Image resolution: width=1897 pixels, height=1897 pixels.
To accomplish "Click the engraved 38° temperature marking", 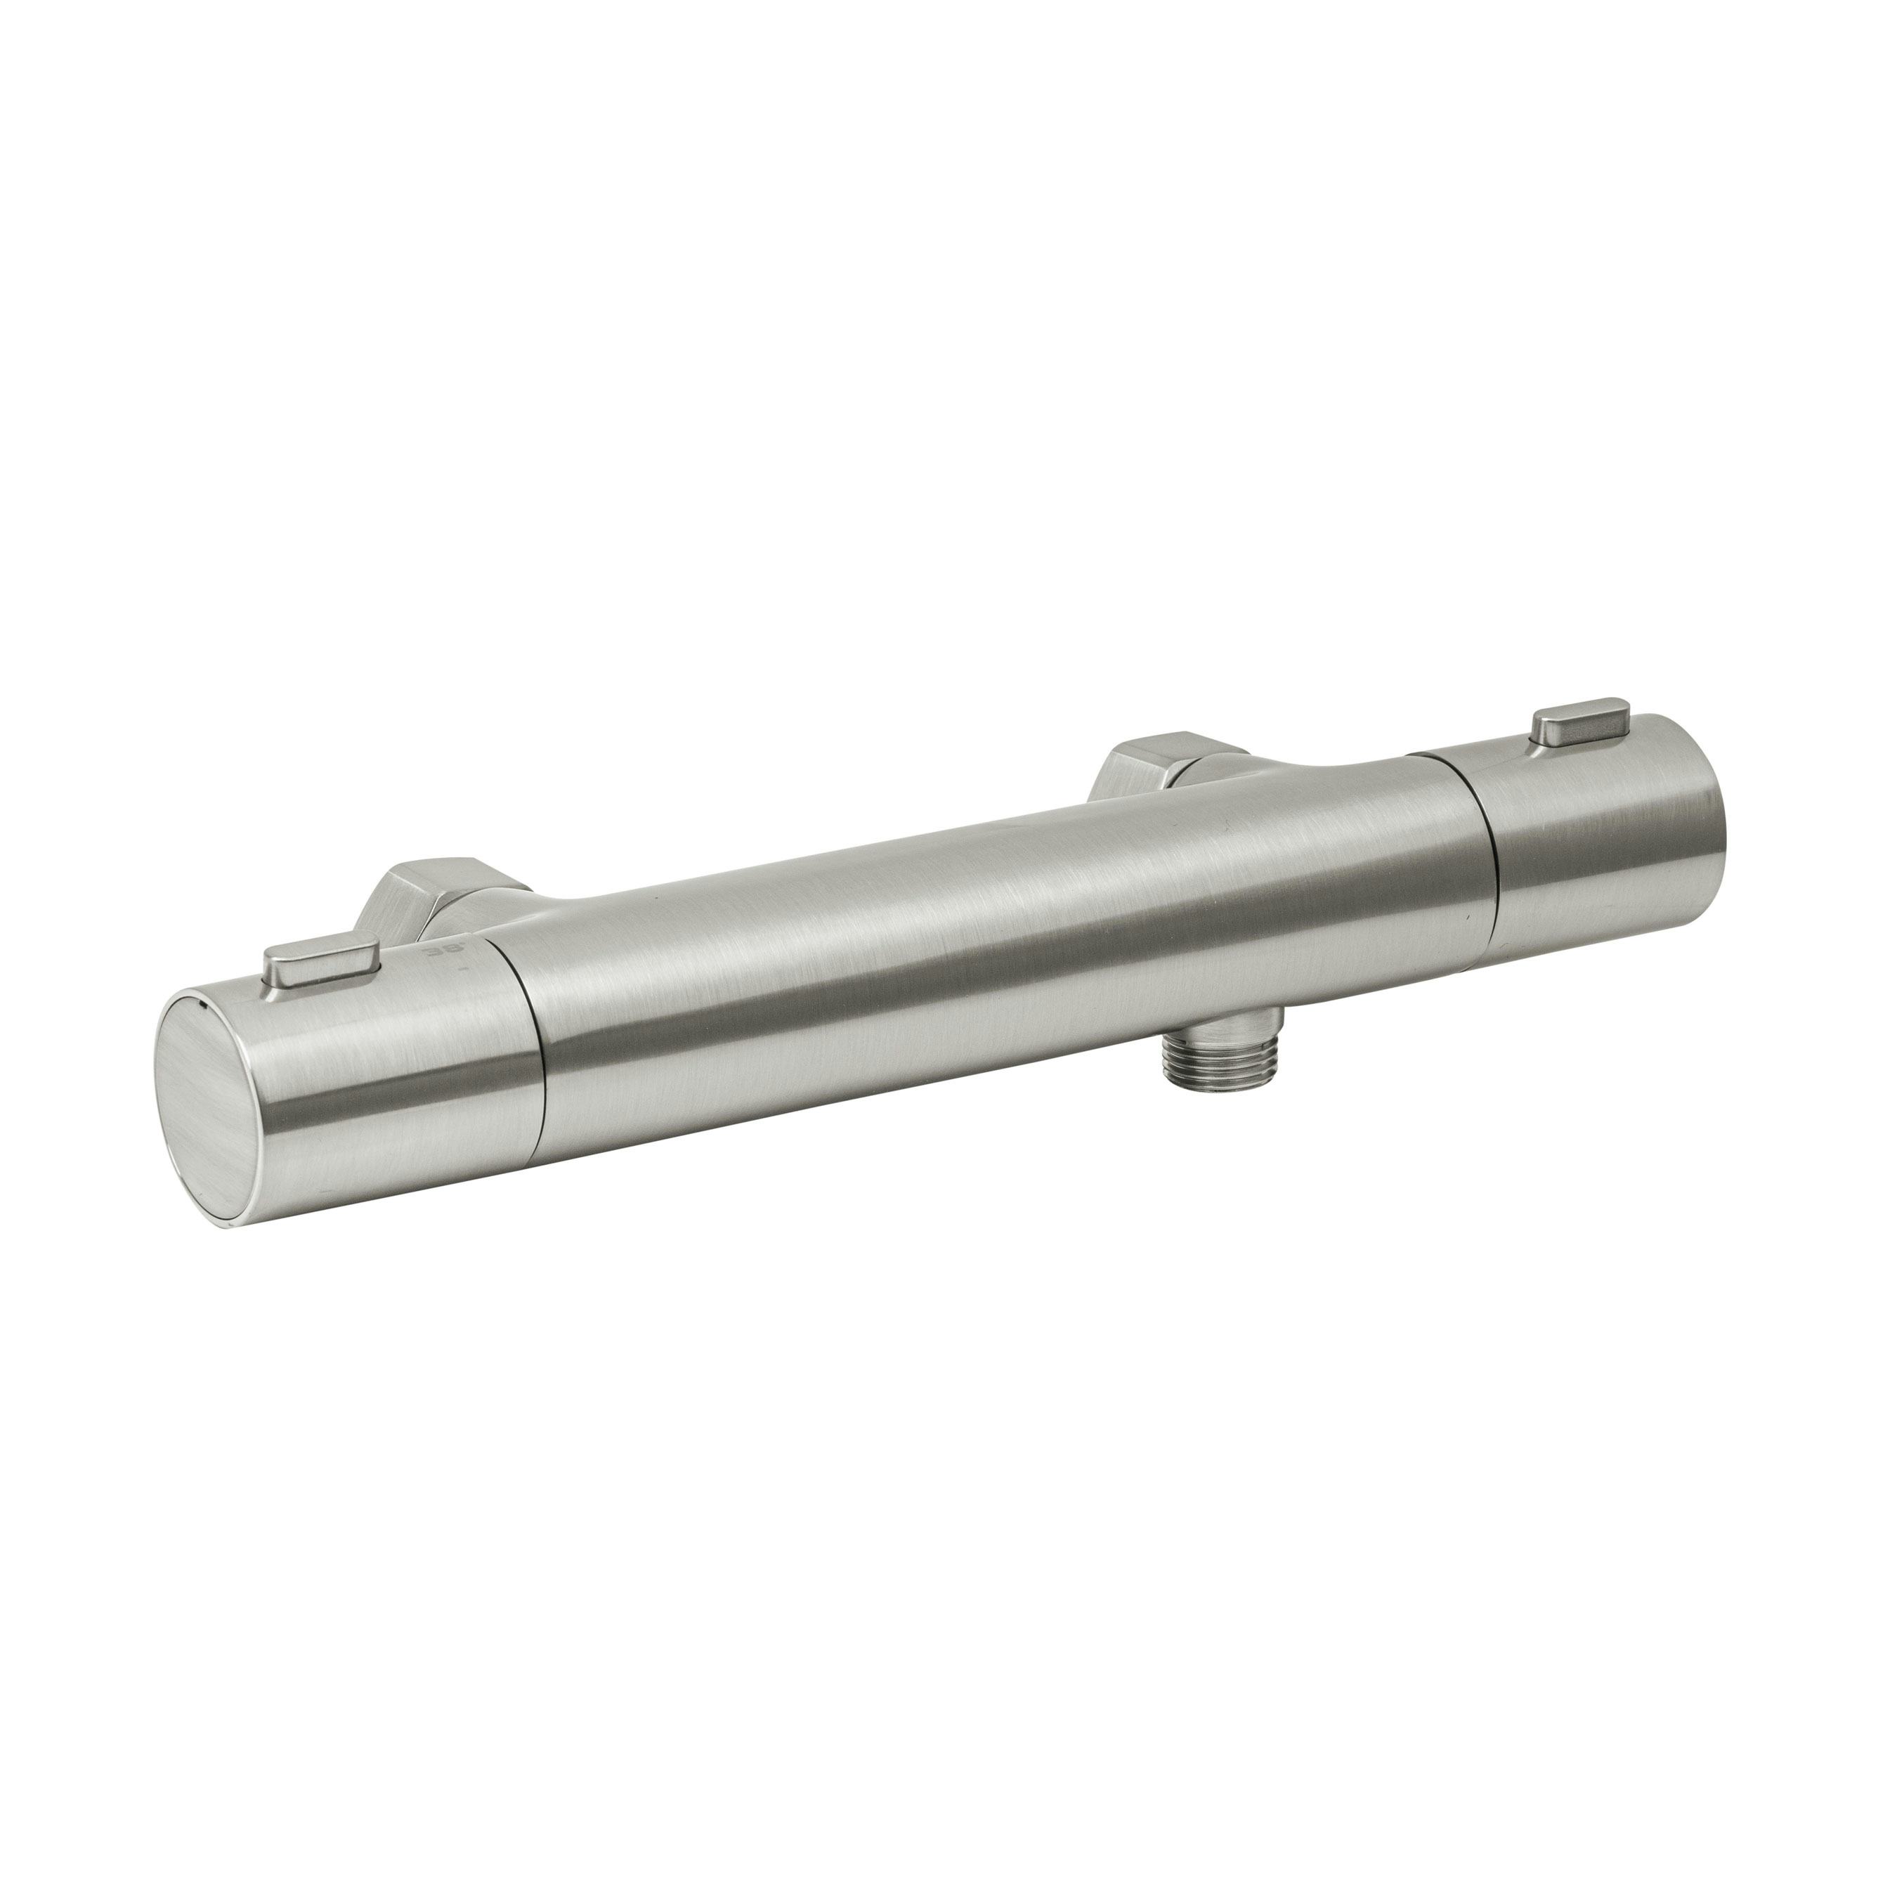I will coord(432,953).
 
